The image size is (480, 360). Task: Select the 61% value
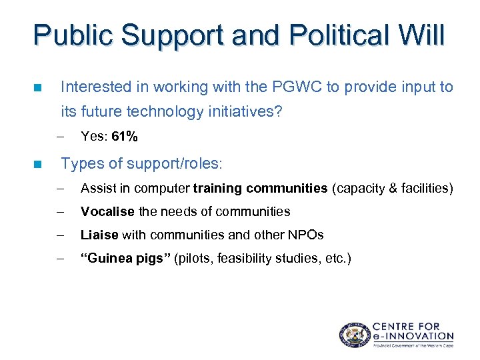[x=125, y=137]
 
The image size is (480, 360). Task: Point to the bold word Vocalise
[x=108, y=211]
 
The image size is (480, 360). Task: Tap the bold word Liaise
[x=99, y=235]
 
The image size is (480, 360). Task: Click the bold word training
[x=218, y=189]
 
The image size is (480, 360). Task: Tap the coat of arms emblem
[x=353, y=334]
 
